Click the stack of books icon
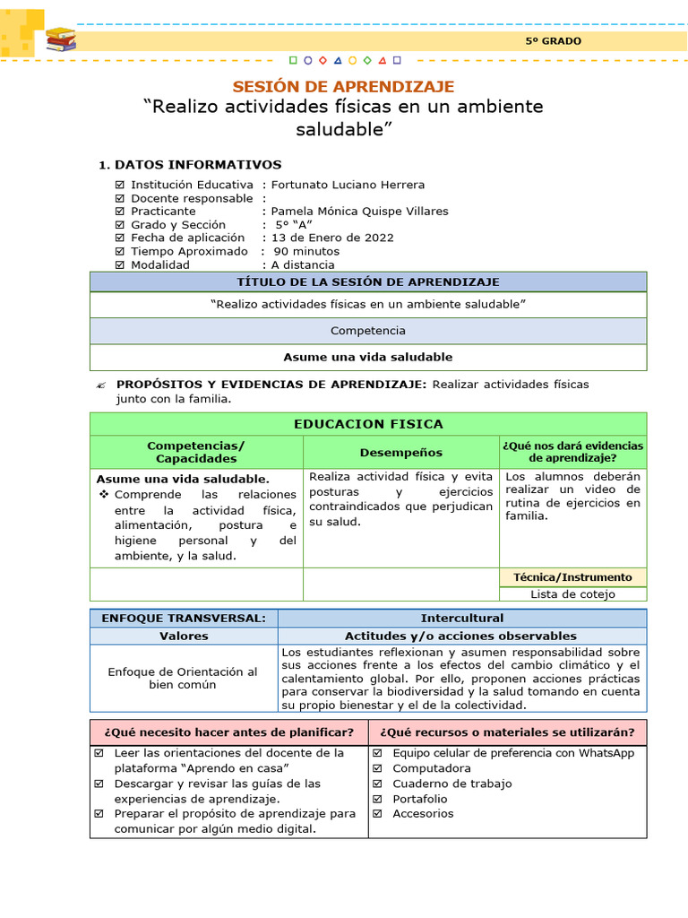[60, 39]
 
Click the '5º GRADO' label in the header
[553, 41]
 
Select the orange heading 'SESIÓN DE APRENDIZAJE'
[343, 87]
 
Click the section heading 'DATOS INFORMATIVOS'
[197, 165]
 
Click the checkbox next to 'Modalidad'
[120, 265]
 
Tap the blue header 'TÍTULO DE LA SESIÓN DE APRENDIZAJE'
[367, 281]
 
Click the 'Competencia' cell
[367, 331]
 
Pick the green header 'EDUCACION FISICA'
[367, 424]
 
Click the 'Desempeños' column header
[400, 453]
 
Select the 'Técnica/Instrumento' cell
[572, 577]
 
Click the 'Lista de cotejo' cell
[572, 593]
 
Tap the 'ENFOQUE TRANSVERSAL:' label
[184, 619]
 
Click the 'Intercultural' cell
[461, 619]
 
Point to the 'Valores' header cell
[184, 636]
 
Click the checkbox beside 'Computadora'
[377, 769]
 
